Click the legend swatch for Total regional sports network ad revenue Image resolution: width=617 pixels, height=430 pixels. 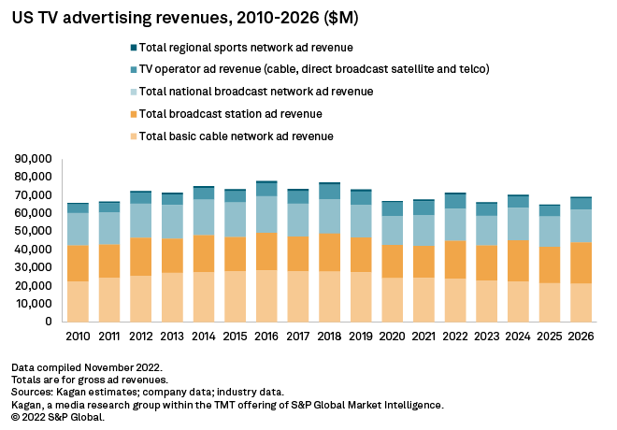[134, 47]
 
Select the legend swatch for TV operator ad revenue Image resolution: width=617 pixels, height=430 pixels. [134, 69]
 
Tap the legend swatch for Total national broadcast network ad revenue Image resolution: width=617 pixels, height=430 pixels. [134, 92]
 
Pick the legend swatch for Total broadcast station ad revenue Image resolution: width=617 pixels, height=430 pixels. [134, 114]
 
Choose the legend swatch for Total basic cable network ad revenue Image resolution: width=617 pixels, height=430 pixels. [134, 136]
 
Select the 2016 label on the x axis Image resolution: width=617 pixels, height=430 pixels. [267, 336]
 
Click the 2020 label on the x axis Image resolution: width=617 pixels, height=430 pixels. [393, 336]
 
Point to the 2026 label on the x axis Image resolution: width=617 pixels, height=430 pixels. [581, 336]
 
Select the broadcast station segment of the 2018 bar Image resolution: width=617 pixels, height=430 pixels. [330, 251]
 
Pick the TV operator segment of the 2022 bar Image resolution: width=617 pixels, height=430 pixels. [456, 201]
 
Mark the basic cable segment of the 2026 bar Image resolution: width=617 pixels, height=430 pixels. [581, 302]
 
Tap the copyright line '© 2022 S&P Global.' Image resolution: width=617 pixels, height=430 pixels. [58, 417]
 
